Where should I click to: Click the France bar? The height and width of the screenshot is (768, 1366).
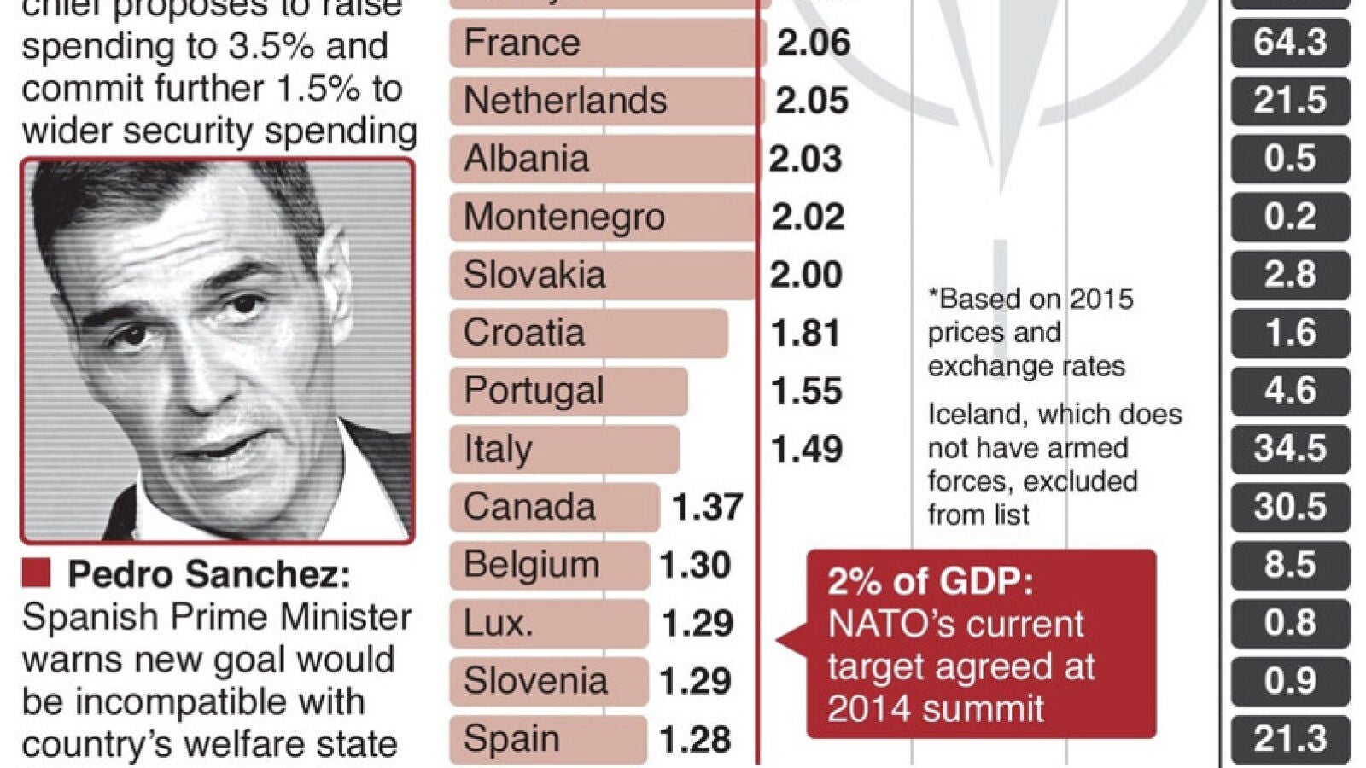(x=606, y=43)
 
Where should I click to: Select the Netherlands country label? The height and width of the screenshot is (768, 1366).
(x=564, y=101)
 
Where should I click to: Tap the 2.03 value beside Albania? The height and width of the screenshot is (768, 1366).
(x=805, y=159)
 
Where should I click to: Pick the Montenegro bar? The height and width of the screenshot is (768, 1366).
(x=603, y=217)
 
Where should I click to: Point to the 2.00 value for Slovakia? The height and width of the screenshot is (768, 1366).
(x=805, y=275)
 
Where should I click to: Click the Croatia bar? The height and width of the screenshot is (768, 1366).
(x=588, y=333)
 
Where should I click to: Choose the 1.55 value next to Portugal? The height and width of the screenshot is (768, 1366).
(x=806, y=391)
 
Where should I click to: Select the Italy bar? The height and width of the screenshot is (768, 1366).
(x=564, y=449)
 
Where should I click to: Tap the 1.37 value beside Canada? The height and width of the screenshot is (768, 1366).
(x=707, y=507)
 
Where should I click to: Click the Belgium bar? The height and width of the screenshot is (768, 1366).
(x=549, y=565)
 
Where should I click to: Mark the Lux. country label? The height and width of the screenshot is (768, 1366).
(x=498, y=623)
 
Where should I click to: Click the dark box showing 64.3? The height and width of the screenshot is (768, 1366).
(x=1289, y=43)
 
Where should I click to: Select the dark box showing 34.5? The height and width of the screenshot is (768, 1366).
(x=1289, y=449)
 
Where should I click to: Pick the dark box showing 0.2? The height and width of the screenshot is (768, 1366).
(x=1289, y=217)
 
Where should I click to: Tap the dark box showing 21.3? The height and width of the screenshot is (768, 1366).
(x=1289, y=739)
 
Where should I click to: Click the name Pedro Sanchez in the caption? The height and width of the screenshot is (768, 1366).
(x=208, y=574)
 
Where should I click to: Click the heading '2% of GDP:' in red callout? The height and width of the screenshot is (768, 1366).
(x=930, y=582)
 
